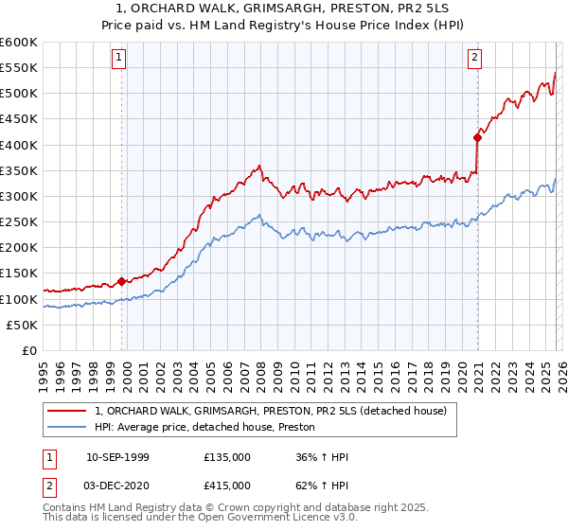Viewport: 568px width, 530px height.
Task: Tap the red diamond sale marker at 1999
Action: coord(121,281)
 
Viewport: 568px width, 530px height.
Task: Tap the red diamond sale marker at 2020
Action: coord(477,137)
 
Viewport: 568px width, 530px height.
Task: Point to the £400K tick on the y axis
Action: coord(19,145)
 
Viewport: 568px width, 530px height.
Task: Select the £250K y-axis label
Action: coord(19,221)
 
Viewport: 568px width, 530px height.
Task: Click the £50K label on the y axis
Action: coord(23,325)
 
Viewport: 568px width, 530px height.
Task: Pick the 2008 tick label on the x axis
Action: coord(260,371)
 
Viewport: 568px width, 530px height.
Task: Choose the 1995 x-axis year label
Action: coord(44,371)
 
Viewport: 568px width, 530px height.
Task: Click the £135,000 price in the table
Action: coord(227,457)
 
